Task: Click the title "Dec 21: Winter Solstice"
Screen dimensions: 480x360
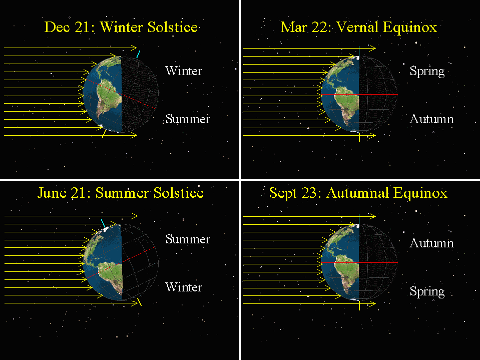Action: coord(121,27)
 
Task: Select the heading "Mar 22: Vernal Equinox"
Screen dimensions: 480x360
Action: coord(359,27)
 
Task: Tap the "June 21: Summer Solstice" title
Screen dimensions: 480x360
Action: coord(120,193)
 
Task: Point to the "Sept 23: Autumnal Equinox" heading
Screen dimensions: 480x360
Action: coord(358,193)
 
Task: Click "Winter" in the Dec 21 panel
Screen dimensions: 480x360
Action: coord(184,71)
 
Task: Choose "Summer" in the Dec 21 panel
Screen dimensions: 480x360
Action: coord(188,119)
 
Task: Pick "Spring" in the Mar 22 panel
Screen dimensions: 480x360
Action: coord(427,71)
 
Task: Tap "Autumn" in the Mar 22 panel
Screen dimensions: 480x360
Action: coord(431,119)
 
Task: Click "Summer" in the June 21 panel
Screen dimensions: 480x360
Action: coord(188,239)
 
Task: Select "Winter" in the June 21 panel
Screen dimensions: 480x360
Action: coord(184,287)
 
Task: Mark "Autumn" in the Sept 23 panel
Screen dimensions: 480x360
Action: coord(431,243)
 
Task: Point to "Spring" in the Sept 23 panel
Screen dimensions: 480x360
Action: coord(427,291)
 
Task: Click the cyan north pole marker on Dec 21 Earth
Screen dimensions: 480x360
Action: coord(138,54)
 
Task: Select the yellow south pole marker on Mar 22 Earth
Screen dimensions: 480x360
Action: coord(359,137)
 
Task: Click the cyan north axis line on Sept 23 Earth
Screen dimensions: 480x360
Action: coord(359,219)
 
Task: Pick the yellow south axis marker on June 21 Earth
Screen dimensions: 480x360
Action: coord(139,301)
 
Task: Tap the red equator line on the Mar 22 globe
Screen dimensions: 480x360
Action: coord(359,94)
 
